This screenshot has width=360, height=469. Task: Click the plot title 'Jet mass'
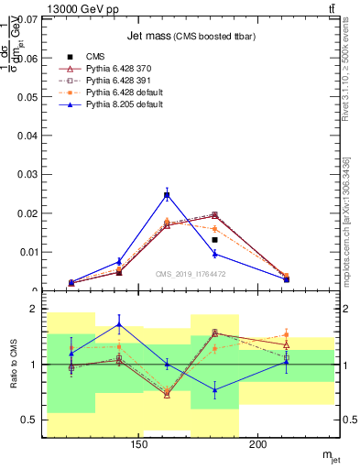click(159, 36)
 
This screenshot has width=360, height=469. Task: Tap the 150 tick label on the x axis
click(139, 446)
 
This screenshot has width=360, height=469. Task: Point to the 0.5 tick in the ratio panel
click(29, 420)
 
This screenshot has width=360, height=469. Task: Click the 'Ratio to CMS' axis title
click(13, 365)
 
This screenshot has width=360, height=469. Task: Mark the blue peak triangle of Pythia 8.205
click(167, 194)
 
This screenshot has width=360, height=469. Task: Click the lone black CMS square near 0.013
click(214, 240)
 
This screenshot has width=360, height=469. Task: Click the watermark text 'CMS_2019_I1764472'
click(191, 274)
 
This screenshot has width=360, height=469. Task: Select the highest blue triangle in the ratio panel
click(119, 324)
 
